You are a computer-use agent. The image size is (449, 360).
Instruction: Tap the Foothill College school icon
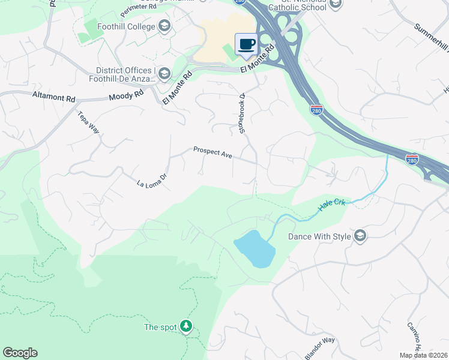(164, 26)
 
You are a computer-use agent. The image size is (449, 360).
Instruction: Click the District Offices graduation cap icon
(164, 74)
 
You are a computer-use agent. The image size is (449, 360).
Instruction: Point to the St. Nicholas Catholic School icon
(335, 5)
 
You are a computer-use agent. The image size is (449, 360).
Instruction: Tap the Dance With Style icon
(360, 236)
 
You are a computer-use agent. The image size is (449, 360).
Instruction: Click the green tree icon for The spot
(187, 327)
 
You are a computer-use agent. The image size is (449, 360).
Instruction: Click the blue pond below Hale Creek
(255, 248)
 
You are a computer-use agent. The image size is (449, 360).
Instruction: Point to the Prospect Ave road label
(212, 152)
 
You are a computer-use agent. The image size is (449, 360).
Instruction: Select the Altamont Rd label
(54, 96)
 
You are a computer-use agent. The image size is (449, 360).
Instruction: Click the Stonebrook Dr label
(243, 113)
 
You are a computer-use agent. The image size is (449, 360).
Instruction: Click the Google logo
(20, 353)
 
